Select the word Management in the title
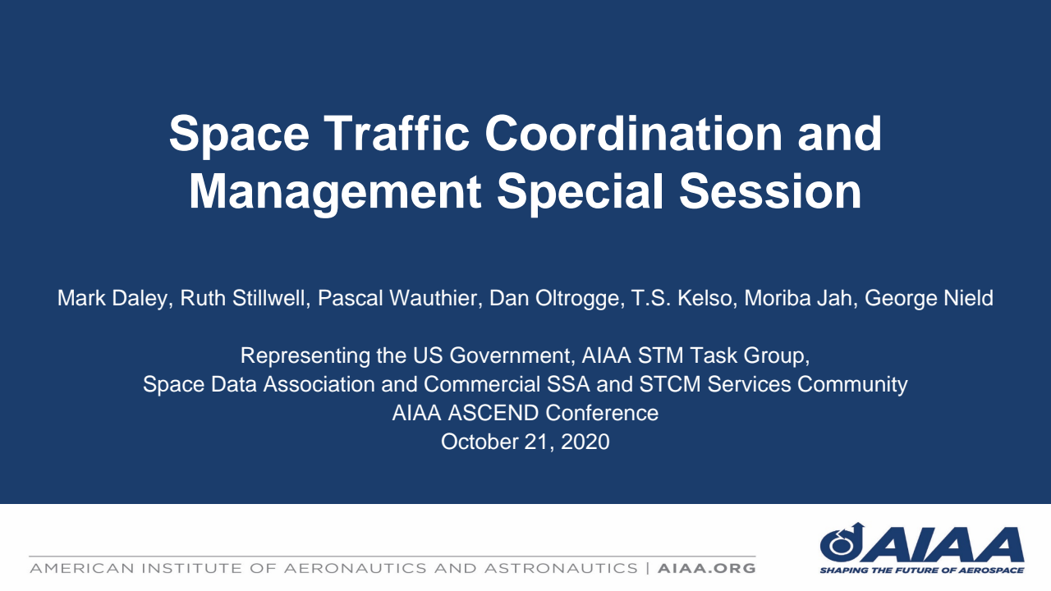(x=335, y=191)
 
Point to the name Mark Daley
(x=113, y=298)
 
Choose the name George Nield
(x=929, y=298)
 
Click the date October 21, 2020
(x=525, y=442)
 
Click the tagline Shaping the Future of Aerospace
(x=921, y=570)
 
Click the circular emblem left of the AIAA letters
(x=841, y=542)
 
